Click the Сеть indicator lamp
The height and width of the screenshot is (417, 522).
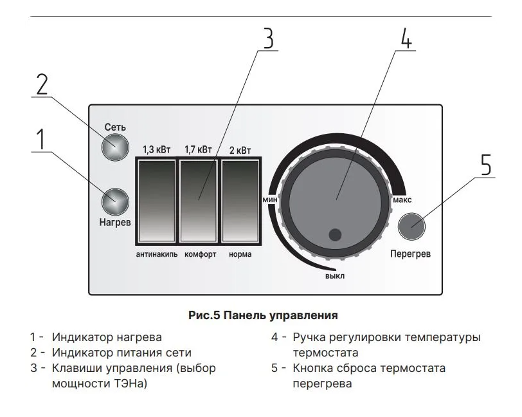click(115, 147)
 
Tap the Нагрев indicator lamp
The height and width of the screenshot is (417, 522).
click(115, 201)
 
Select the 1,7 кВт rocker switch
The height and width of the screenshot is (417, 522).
click(199, 201)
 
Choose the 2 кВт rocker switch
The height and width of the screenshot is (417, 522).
click(240, 201)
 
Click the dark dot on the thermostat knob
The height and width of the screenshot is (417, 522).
click(335, 235)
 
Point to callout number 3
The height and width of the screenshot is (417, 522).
click(269, 39)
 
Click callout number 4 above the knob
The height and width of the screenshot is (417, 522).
click(406, 38)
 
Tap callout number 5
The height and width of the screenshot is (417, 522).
click(486, 164)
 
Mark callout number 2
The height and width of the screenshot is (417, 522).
click(42, 84)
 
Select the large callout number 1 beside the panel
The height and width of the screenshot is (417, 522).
click(40, 139)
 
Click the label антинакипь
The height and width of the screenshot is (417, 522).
click(157, 254)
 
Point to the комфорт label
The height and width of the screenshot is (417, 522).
click(201, 254)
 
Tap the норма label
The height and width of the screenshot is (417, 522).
click(240, 254)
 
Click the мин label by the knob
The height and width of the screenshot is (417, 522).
click(269, 199)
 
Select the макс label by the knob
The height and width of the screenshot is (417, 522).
click(402, 200)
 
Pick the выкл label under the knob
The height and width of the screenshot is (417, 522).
click(335, 276)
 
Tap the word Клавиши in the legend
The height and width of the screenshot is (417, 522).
click(79, 368)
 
